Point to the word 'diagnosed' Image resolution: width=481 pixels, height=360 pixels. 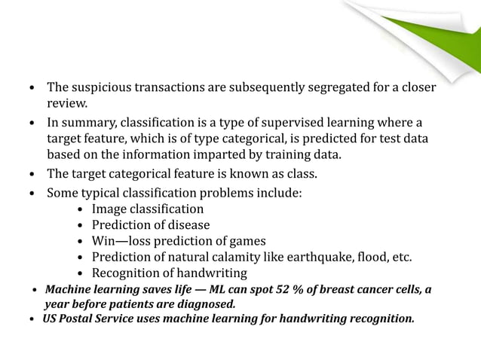point(205,304)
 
